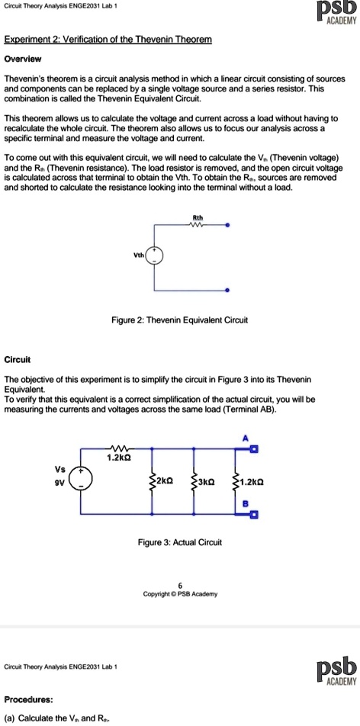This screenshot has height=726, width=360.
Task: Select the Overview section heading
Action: (x=24, y=57)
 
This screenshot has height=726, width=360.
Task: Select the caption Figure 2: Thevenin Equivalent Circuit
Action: (x=179, y=320)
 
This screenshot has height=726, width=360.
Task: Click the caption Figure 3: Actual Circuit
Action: (x=179, y=542)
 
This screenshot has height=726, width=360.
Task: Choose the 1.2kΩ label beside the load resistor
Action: (x=252, y=481)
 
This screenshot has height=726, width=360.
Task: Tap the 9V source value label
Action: (x=58, y=481)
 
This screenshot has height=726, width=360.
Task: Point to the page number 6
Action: (x=180, y=584)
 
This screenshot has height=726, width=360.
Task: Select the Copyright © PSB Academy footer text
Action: (x=180, y=593)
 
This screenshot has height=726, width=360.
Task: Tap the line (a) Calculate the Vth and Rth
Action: (x=58, y=718)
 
